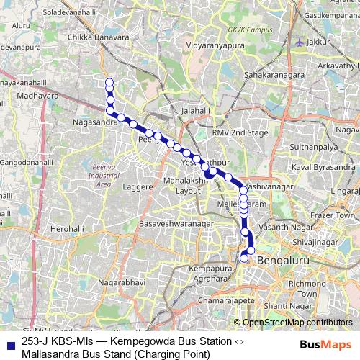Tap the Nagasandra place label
[91, 122]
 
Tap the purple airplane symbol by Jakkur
[300, 41]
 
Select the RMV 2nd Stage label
[240, 133]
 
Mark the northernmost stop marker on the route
[109, 82]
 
